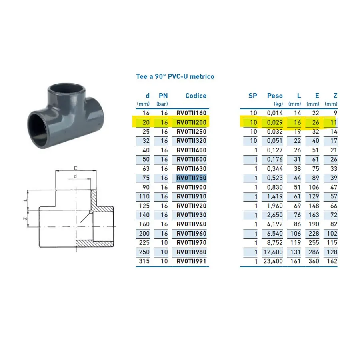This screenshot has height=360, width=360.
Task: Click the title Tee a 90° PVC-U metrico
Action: pyautogui.click(x=175, y=76)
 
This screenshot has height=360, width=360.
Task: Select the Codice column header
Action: pyautogui.click(x=196, y=96)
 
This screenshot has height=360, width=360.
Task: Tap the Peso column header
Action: pyautogui.click(x=275, y=96)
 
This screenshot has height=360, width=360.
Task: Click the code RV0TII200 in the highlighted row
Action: pyautogui.click(x=192, y=122)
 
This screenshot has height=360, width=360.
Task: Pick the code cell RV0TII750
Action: pyautogui.click(x=192, y=178)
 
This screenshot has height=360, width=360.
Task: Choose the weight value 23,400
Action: pyautogui.click(x=273, y=261)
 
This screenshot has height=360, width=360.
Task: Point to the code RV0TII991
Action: pyautogui.click(x=192, y=261)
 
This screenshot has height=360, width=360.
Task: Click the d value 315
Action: pyautogui.click(x=144, y=261)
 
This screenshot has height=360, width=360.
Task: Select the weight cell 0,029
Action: pyautogui.click(x=275, y=122)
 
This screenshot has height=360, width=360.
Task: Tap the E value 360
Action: pyautogui.click(x=314, y=261)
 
